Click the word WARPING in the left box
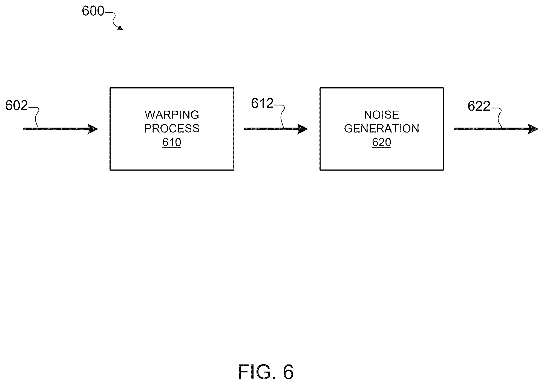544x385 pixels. (172, 115)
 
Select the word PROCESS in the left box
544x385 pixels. (172, 128)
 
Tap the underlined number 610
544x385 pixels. (172, 142)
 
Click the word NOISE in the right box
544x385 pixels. (381, 115)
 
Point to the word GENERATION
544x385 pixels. (381, 128)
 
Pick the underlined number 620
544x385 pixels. (381, 142)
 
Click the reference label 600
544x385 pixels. (93, 11)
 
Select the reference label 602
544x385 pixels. (16, 105)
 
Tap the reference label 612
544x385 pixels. (262, 103)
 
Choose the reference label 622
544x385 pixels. (479, 106)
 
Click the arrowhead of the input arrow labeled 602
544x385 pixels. (93, 129)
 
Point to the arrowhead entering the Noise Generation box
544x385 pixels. (303, 129)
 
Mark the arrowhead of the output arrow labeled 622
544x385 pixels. (533, 129)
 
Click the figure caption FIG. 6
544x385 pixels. (266, 372)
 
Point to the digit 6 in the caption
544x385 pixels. (288, 372)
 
